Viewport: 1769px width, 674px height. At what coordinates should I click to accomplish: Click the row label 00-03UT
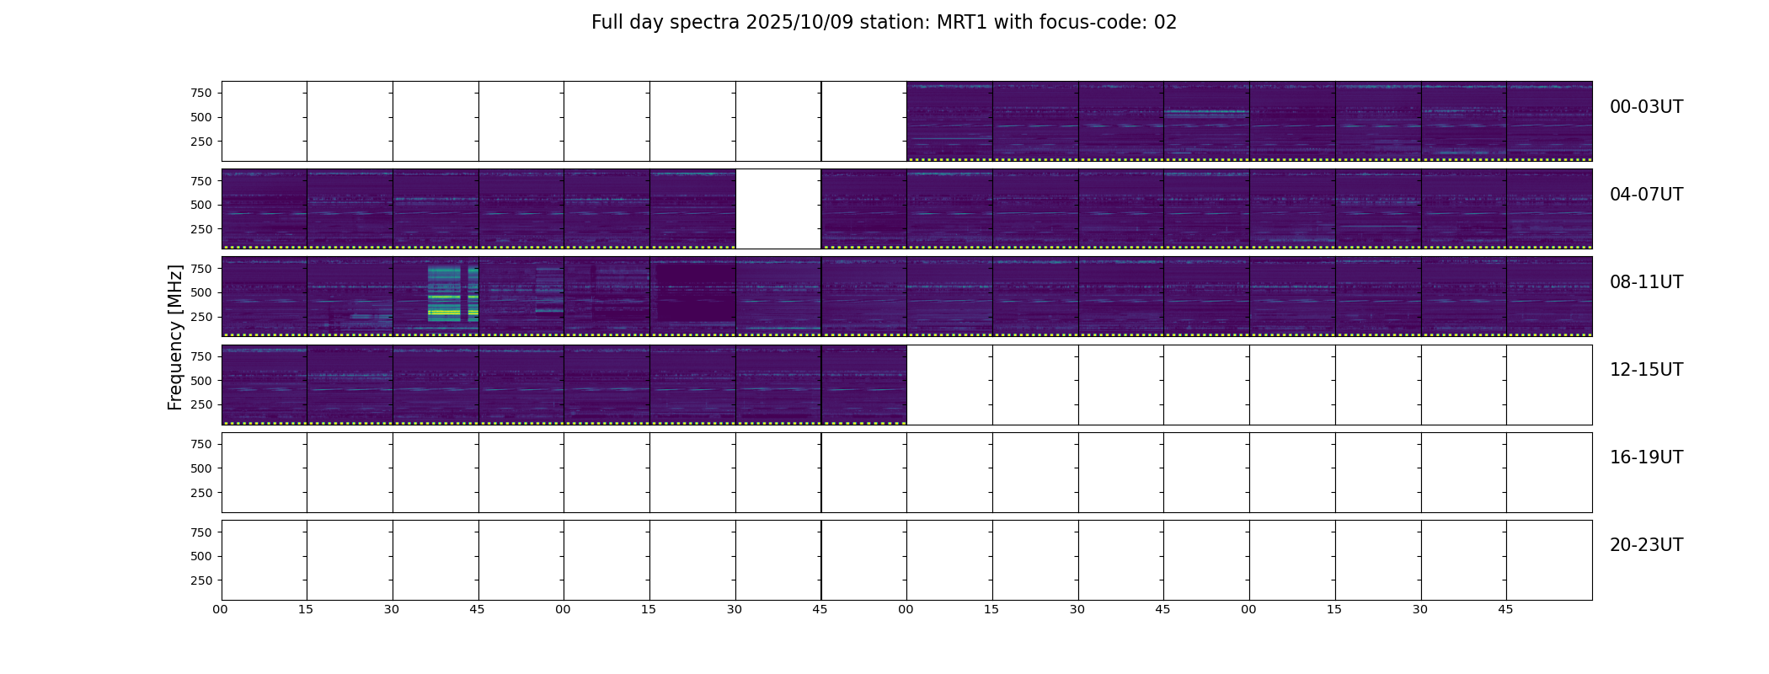point(1646,107)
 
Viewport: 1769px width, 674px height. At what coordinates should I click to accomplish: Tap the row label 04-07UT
point(1646,195)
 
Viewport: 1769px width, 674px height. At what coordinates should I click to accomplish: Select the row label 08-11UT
point(1646,282)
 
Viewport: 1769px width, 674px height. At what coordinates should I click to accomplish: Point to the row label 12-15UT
point(1646,370)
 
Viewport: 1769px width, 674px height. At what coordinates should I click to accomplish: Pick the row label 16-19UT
point(1646,457)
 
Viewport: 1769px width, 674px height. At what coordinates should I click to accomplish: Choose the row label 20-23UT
point(1646,545)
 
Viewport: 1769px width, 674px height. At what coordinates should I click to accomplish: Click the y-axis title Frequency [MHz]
point(175,337)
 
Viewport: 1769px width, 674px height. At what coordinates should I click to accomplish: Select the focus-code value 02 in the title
point(1165,23)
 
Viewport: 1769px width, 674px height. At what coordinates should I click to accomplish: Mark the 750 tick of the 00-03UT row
point(201,93)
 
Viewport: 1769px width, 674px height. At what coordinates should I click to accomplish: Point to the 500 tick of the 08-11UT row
point(201,292)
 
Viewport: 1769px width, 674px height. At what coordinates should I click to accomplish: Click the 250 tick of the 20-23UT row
point(201,580)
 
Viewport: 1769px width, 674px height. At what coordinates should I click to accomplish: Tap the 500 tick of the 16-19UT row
point(201,468)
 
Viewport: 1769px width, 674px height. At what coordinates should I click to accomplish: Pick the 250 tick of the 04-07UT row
point(201,229)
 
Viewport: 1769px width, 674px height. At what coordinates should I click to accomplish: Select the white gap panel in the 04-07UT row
point(778,209)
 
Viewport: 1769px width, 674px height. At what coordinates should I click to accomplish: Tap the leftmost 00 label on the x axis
point(221,609)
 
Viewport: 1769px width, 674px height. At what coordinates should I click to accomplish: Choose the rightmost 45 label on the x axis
point(1505,609)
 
